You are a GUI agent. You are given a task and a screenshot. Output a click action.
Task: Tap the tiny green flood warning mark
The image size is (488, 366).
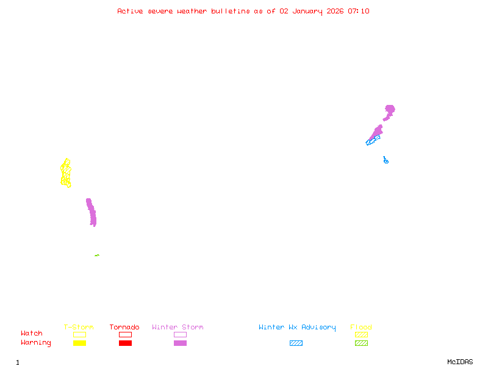97,255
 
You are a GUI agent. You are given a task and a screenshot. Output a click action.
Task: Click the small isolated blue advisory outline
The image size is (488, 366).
386,160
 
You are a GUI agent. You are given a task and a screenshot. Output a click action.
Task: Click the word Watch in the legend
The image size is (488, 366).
32,334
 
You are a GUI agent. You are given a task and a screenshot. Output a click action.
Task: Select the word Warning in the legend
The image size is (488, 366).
36,343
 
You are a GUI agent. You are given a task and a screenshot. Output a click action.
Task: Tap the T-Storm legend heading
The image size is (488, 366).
79,328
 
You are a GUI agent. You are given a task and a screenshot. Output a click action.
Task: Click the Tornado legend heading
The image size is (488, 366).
124,328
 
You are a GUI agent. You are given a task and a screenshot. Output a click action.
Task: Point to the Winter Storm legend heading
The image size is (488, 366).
178,328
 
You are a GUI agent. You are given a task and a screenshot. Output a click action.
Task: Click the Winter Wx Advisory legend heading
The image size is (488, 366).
297,328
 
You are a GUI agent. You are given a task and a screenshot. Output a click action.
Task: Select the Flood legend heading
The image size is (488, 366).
361,328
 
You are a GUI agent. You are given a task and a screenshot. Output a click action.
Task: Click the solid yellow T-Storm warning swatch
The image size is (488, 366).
79,343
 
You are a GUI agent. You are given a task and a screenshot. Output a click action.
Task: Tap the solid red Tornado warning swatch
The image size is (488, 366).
125,343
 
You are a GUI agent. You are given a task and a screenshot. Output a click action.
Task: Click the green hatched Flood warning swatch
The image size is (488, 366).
361,343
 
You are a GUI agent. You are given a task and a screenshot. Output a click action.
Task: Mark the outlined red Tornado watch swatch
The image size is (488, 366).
125,334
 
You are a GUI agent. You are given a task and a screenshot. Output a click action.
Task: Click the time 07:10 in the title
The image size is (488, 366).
359,11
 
